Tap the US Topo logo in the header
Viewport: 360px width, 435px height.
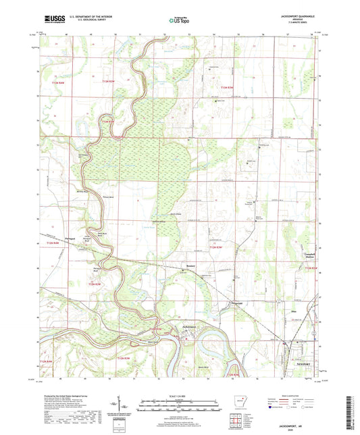179,20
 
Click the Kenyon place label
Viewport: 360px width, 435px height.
191,266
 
